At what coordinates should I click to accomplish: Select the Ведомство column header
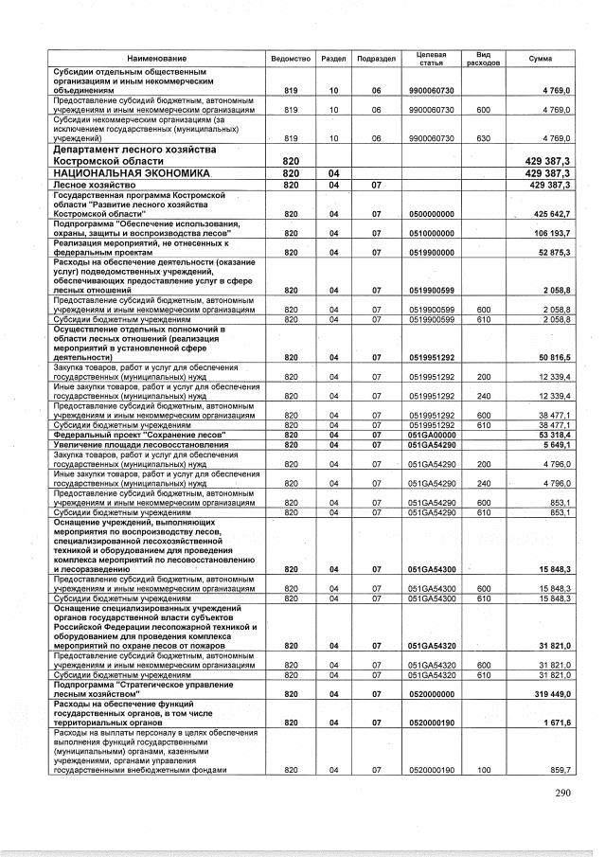tap(291, 59)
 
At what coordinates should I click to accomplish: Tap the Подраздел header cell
tap(376, 59)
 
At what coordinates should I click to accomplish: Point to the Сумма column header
tap(541, 59)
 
